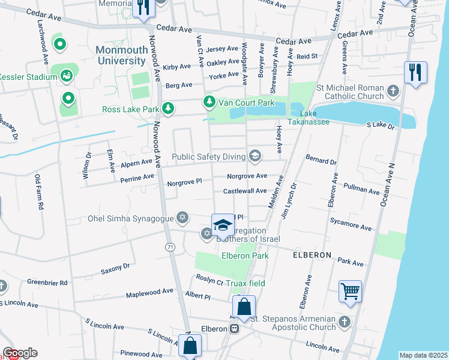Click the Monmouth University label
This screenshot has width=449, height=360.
tap(120, 56)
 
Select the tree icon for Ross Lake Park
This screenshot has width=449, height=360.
tap(169, 109)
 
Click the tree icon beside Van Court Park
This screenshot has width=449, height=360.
tap(209, 103)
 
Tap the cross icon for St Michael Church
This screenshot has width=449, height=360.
tap(393, 92)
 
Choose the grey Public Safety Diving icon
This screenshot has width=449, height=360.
tap(255, 157)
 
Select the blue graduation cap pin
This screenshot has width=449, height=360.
tap(222, 225)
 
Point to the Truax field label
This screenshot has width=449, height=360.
tap(249, 283)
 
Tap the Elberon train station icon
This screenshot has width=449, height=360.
tap(235, 328)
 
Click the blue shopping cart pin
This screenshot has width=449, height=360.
tap(350, 292)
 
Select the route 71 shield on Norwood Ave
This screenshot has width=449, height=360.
tap(170, 247)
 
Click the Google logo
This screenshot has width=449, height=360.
tap(19, 353)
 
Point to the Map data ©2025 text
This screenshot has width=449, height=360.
tap(423, 355)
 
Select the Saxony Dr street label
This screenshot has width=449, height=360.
tap(115, 267)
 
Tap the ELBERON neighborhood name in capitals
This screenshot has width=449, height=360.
tap(312, 255)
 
